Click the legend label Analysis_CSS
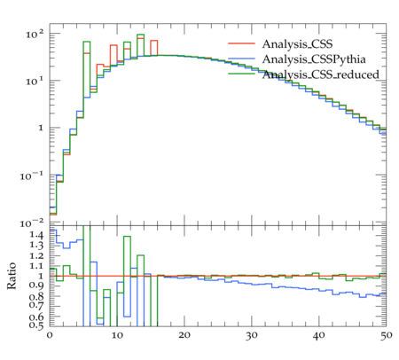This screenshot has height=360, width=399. pos(297,44)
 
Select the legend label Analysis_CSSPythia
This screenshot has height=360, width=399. pos(314,59)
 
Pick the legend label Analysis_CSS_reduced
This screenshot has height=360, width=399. pos(321,74)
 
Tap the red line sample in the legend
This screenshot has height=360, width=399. pos(241,43)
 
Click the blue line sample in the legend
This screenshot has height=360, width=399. pos(241,59)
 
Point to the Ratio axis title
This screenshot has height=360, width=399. pos(12,276)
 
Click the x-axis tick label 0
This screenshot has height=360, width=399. pos(50,335)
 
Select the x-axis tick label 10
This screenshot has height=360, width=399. pos(117,335)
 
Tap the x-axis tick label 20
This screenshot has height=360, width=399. pos(184,335)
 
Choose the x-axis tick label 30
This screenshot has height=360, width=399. pos(252,335)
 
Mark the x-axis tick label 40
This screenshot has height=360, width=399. pos(319,335)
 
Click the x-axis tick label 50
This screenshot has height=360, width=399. pos(387,335)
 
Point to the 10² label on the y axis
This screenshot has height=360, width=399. pos(35,35)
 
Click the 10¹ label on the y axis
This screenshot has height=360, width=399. pos(35,81)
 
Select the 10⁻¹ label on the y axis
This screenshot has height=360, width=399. pos(32,176)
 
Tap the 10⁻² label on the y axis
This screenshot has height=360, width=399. pos(32,223)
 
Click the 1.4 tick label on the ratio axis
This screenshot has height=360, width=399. pos(36,235)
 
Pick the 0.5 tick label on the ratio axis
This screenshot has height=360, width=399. pos(36,325)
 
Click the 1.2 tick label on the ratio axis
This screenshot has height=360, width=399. pos(36,255)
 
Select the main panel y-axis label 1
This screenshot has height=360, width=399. pos(41,128)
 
